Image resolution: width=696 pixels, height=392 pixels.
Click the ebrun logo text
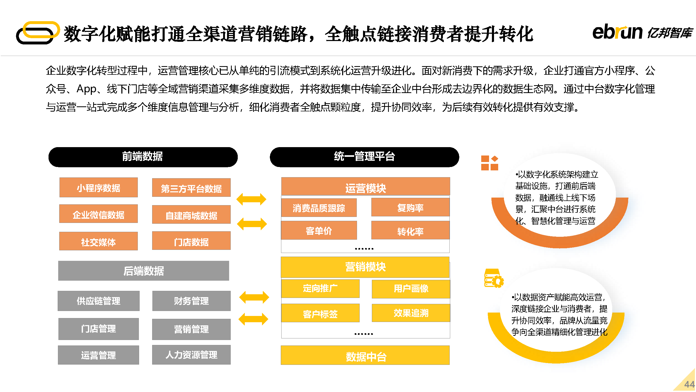pyautogui.click(x=617, y=32)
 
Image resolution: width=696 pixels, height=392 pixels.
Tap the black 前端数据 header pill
pyautogui.click(x=143, y=157)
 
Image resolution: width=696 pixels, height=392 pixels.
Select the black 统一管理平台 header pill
pyautogui.click(x=364, y=157)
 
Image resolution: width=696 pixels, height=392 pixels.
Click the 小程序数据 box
pyautogui.click(x=98, y=187)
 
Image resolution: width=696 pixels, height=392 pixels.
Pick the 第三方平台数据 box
pyautogui.click(x=191, y=187)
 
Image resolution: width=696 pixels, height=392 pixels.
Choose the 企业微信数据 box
pyautogui.click(x=98, y=214)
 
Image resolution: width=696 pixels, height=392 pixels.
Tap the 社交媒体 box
pyautogui.click(x=98, y=241)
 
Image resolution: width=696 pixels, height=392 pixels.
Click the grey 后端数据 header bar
pyautogui.click(x=144, y=270)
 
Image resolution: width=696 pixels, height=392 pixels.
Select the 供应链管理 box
pyautogui.click(x=99, y=301)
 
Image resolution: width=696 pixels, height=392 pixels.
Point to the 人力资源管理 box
pyautogui.click(x=191, y=355)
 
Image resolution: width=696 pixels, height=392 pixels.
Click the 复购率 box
pyautogui.click(x=411, y=207)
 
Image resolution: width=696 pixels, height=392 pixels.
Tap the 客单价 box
pyautogui.click(x=319, y=230)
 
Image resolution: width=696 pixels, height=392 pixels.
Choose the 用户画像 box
pyautogui.click(x=411, y=289)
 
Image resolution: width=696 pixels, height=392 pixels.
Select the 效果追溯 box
pyautogui.click(x=411, y=313)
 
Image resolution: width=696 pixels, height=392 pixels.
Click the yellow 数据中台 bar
pyautogui.click(x=365, y=355)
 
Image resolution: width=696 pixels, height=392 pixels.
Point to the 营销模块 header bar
pyautogui.click(x=365, y=267)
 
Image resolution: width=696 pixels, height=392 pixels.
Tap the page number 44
pyautogui.click(x=689, y=384)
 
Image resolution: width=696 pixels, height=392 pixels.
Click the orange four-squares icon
pyautogui.click(x=490, y=163)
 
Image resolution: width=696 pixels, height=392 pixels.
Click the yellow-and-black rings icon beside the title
pyautogui.click(x=38, y=32)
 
